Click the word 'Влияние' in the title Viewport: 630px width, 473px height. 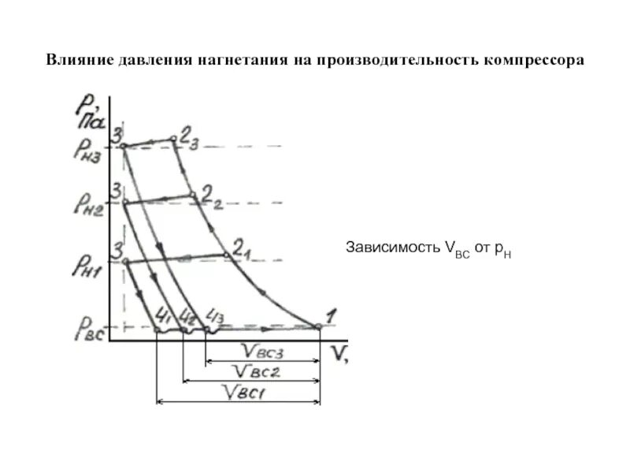tap(76, 60)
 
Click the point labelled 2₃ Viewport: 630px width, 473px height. tap(174, 140)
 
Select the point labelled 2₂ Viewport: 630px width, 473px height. tap(191, 195)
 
